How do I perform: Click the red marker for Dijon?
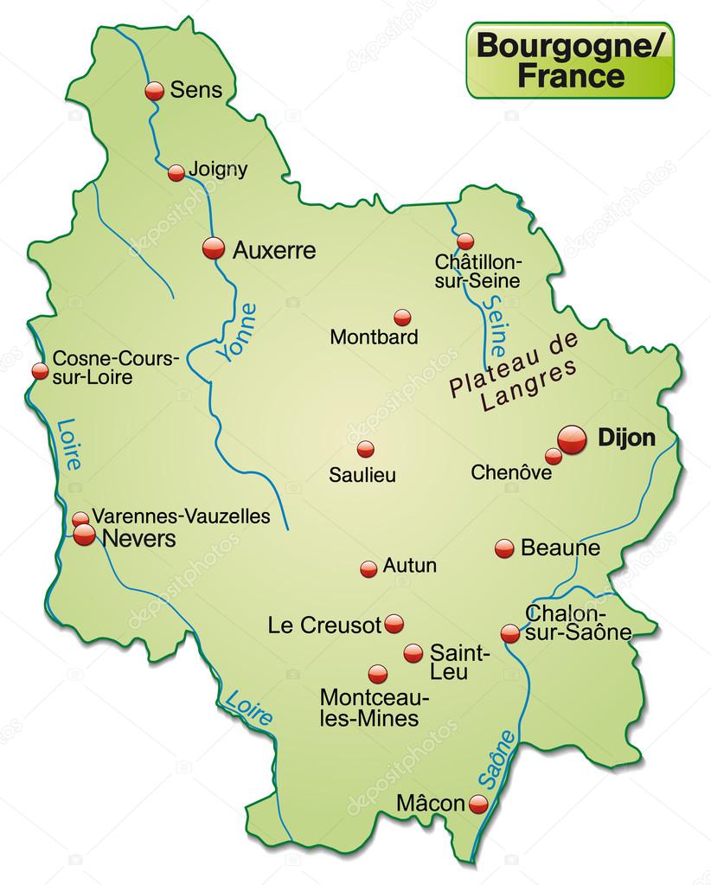coord(572,439)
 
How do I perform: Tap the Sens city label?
coord(196,89)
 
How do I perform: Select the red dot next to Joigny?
coord(176,172)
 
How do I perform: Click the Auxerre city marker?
coord(213,249)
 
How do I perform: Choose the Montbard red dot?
coord(402,317)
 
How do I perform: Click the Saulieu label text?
coord(362,474)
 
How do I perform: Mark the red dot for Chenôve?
coord(553,456)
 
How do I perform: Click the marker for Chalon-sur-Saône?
coord(510,634)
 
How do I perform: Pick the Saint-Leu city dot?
coord(413,653)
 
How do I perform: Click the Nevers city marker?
coord(84,535)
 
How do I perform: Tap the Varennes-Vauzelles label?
coord(181,516)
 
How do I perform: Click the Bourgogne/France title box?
coord(570,61)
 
